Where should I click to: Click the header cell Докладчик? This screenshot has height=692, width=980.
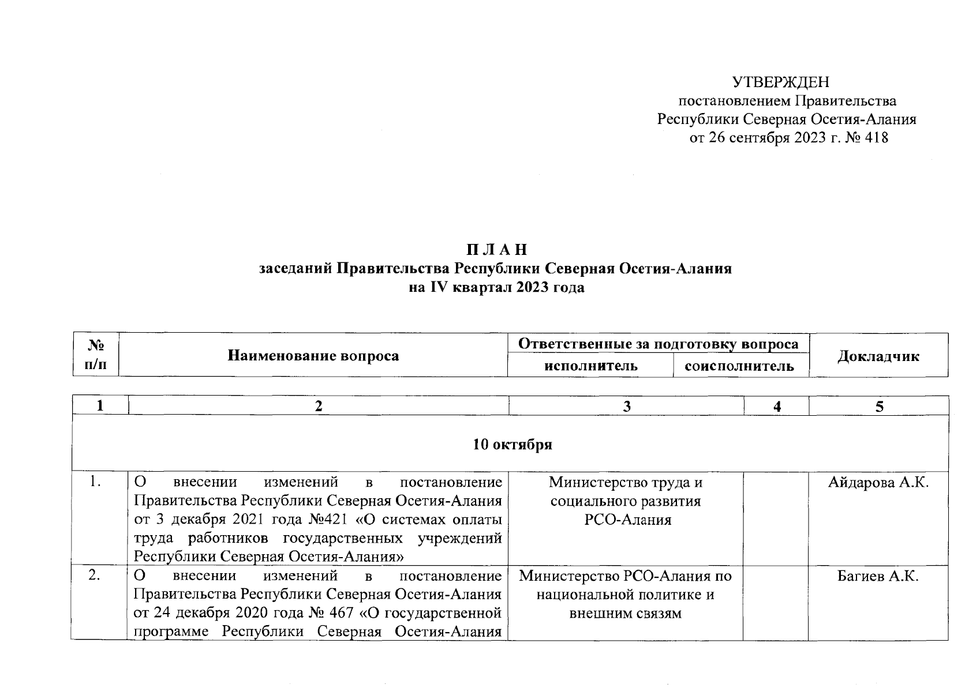(878, 356)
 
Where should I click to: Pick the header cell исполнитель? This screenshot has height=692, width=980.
(590, 366)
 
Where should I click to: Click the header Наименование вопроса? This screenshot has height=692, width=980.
(313, 355)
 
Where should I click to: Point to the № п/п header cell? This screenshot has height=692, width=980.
(96, 355)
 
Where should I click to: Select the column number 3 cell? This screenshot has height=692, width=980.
(627, 407)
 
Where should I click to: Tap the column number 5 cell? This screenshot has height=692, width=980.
(878, 407)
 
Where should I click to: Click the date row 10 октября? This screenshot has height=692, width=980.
(513, 445)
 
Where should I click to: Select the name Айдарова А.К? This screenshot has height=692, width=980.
(878, 483)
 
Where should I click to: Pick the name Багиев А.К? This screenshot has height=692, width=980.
(878, 576)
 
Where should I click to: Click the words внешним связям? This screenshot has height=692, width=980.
(626, 614)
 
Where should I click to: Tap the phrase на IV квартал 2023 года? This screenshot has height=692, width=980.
(496, 288)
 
